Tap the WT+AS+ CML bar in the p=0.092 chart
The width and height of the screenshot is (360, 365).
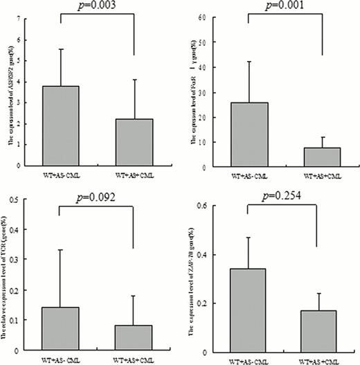(x=134, y=336)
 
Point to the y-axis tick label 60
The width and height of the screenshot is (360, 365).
(x=202, y=18)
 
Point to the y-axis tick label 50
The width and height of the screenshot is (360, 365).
(x=202, y=43)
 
